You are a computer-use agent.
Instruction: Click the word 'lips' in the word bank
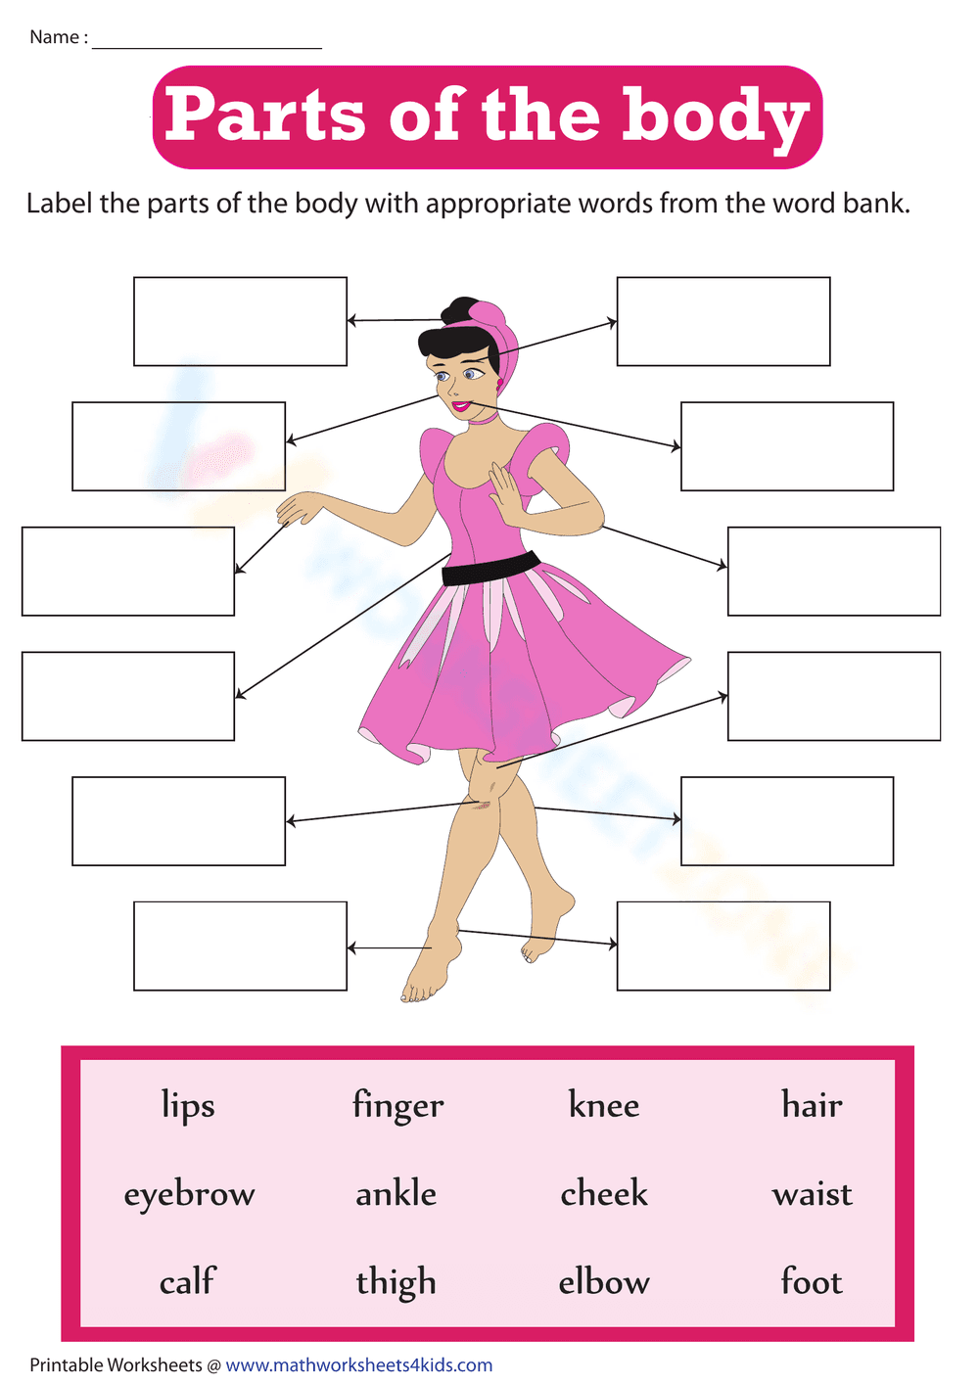[x=188, y=1105]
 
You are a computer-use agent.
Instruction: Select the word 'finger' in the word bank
[x=397, y=1106]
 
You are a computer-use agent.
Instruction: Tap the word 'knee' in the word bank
[x=604, y=1105]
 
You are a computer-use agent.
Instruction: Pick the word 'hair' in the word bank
[x=812, y=1105]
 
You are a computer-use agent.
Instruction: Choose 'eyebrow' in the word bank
[x=189, y=1194]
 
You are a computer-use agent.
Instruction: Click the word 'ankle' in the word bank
[x=396, y=1193]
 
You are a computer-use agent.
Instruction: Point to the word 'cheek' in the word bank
[x=604, y=1193]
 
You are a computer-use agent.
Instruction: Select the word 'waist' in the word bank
[x=812, y=1194]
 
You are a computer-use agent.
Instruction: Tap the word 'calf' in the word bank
[x=187, y=1281]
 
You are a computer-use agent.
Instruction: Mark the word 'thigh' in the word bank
[x=396, y=1282]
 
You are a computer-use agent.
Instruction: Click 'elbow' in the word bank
[x=604, y=1282]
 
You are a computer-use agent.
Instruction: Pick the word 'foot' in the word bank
[x=812, y=1281]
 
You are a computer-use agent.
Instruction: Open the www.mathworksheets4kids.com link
[x=359, y=1365]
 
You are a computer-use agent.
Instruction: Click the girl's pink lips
[x=459, y=405]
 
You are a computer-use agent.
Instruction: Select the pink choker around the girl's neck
[x=482, y=418]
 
